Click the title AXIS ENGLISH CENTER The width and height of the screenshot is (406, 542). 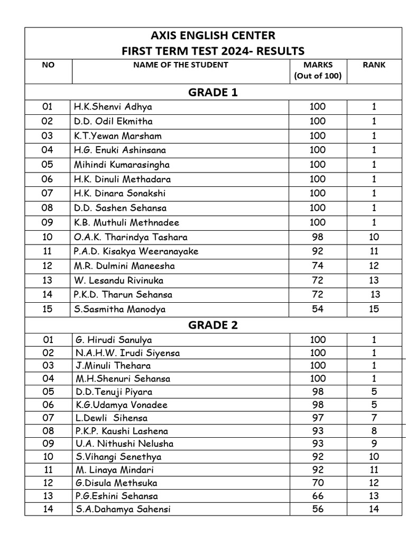(x=213, y=36)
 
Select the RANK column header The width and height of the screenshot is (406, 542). (x=374, y=65)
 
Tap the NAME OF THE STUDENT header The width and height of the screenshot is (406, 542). (x=181, y=65)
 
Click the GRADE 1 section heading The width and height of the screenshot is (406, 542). (x=213, y=93)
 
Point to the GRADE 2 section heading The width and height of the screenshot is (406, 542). (x=213, y=325)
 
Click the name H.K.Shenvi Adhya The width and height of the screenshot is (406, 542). (x=113, y=107)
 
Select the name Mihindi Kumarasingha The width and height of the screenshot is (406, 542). (x=122, y=165)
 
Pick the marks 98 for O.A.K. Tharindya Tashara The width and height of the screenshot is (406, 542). (x=318, y=237)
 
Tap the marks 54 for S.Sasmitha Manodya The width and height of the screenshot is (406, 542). (x=318, y=309)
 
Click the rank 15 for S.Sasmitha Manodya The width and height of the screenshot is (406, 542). (x=374, y=309)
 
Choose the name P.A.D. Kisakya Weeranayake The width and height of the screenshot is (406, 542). (x=136, y=251)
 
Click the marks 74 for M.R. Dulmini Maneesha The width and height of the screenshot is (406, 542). (x=318, y=266)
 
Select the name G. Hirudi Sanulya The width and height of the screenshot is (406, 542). (x=113, y=340)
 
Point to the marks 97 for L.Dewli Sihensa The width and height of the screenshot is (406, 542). (x=318, y=418)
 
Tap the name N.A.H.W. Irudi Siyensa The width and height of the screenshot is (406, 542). (x=127, y=353)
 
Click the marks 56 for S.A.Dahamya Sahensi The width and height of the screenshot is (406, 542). (x=318, y=509)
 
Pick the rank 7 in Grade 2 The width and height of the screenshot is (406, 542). (x=374, y=418)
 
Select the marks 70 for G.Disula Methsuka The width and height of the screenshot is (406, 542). (x=318, y=483)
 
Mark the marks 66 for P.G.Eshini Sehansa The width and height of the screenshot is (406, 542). (x=318, y=496)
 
